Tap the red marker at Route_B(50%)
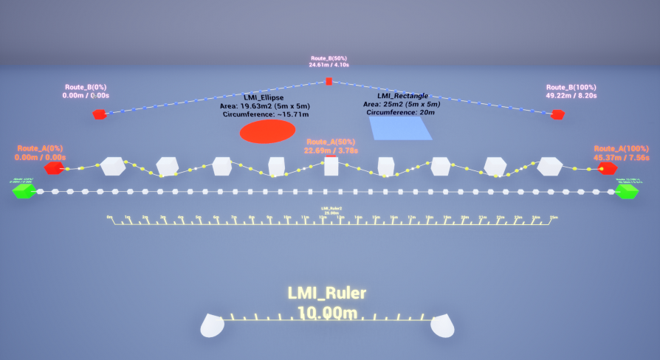(329, 81)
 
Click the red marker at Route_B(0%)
(99, 114)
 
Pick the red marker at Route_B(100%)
(558, 114)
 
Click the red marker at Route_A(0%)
(53, 169)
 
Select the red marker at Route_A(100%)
(608, 168)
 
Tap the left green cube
(24, 191)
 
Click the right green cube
(628, 191)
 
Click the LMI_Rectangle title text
(403, 96)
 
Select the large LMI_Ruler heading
(326, 294)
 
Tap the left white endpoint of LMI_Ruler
(213, 325)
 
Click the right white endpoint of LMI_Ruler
(442, 325)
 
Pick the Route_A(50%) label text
(331, 142)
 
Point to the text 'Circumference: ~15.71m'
(266, 114)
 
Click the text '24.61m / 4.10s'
(329, 65)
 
